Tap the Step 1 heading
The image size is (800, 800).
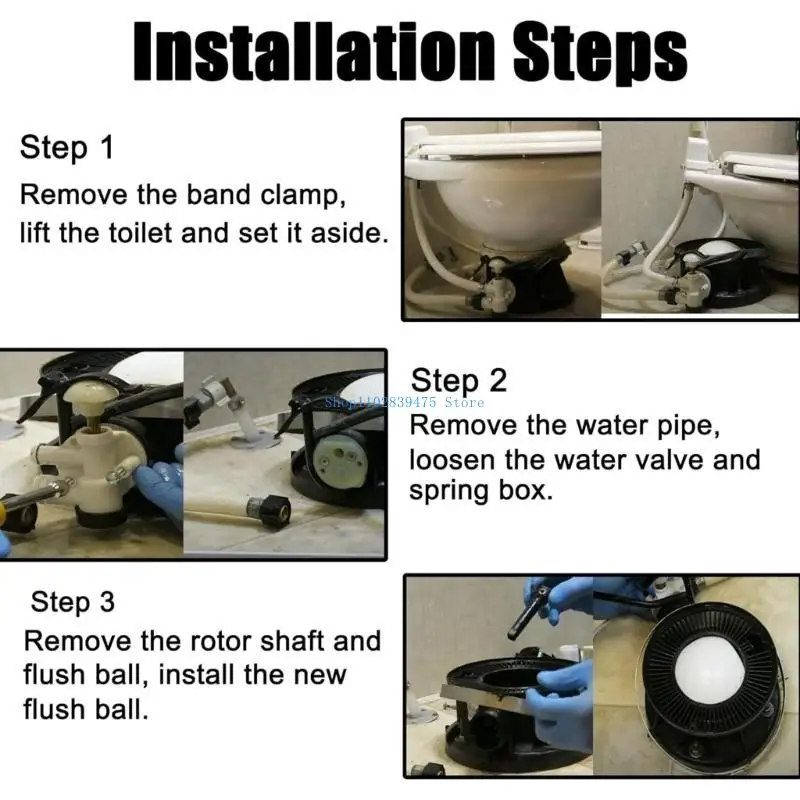click(67, 148)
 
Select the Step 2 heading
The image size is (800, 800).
click(459, 380)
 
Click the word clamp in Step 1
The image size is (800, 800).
click(306, 193)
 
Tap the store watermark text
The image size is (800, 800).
click(404, 402)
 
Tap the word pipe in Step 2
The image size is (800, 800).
click(655, 424)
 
